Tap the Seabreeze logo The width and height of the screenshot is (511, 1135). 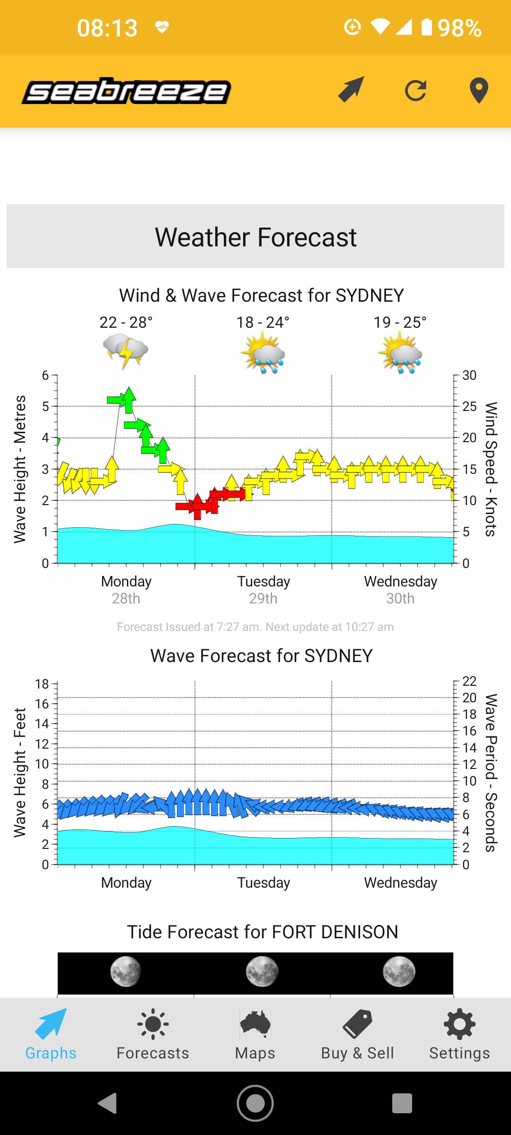click(x=126, y=91)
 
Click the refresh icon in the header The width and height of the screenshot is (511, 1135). click(x=415, y=90)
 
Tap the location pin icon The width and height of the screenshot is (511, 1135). click(x=478, y=90)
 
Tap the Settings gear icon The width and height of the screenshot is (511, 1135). click(x=459, y=1024)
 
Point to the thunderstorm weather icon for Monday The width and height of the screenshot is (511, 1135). click(x=125, y=351)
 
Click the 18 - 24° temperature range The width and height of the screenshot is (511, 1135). click(x=263, y=323)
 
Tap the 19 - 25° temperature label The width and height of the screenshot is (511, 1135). click(x=400, y=323)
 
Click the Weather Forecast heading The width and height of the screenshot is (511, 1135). click(x=255, y=237)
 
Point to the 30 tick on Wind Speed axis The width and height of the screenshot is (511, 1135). click(x=469, y=375)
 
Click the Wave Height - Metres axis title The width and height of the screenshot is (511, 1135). click(x=20, y=469)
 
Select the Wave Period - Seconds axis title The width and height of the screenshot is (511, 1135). click(x=491, y=773)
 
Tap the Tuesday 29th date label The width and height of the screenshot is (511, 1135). click(x=264, y=590)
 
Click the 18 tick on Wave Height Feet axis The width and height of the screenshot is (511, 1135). click(x=42, y=684)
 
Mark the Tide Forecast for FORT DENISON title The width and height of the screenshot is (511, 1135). click(x=263, y=932)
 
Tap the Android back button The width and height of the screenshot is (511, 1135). click(x=108, y=1103)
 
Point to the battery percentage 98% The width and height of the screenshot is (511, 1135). click(x=459, y=28)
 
